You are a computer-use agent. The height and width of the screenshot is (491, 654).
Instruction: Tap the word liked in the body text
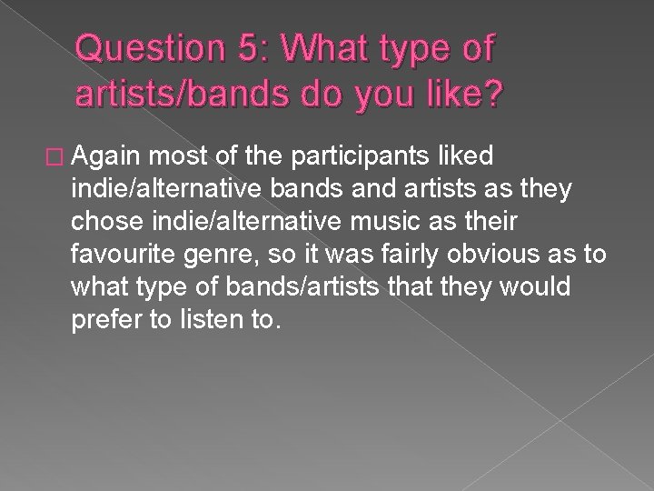463,156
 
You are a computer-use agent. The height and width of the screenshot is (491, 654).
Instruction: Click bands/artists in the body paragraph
294,287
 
